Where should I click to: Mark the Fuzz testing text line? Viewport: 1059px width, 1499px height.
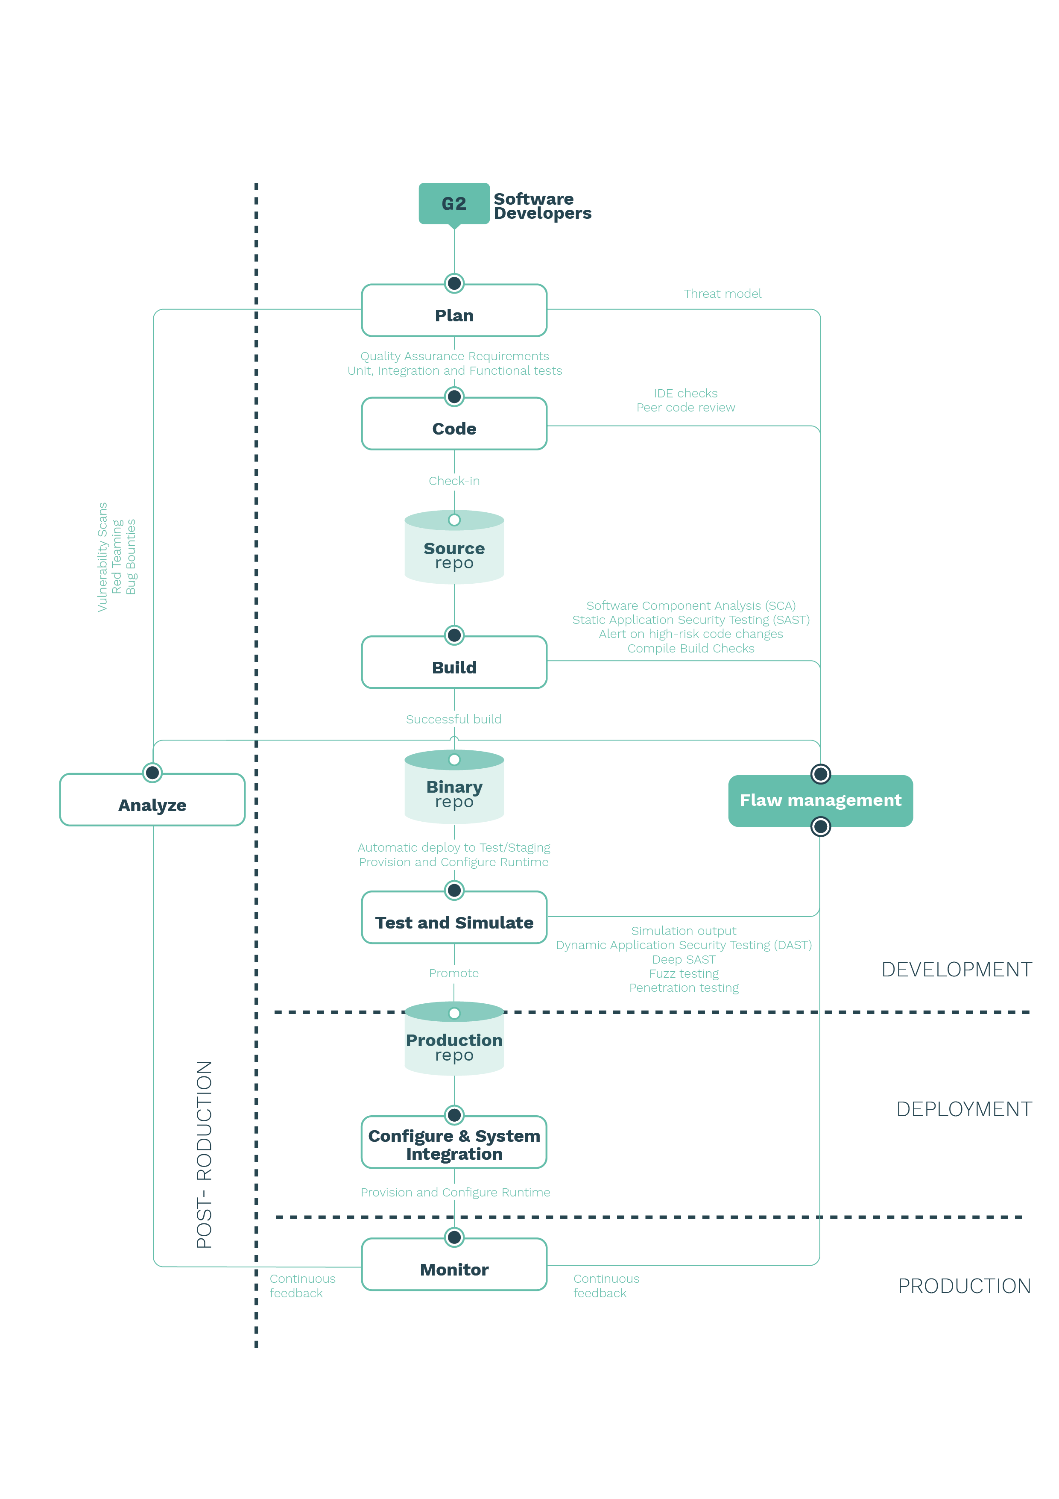point(683,973)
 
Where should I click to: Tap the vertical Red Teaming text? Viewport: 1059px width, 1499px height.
point(117,557)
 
